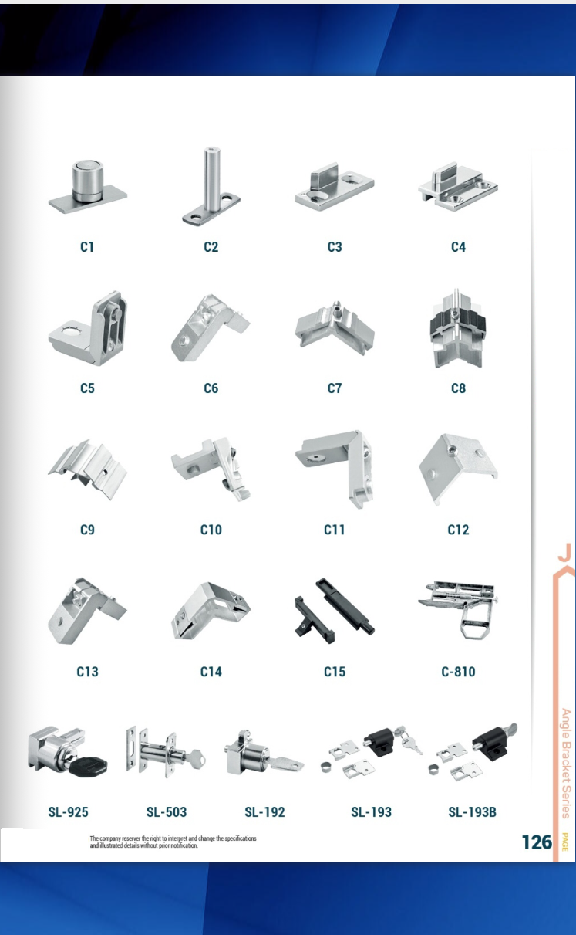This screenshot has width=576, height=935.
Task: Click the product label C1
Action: (87, 247)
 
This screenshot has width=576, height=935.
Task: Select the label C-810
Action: (458, 672)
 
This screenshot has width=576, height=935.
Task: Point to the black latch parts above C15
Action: (335, 611)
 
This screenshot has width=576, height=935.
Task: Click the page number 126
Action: (537, 842)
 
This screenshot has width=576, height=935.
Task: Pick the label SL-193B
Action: (472, 812)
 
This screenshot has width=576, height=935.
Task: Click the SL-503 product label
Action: (167, 812)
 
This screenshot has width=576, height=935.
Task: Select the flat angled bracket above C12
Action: (458, 469)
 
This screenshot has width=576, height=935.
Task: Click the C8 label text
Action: (458, 388)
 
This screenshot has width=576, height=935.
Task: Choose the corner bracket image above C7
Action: (335, 329)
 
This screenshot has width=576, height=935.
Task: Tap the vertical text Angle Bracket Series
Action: (565, 763)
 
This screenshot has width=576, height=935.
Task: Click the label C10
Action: (211, 530)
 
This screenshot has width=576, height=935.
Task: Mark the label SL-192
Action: (264, 812)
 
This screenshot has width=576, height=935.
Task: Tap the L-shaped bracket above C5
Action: (88, 329)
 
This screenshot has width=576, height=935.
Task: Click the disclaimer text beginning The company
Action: (173, 842)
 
